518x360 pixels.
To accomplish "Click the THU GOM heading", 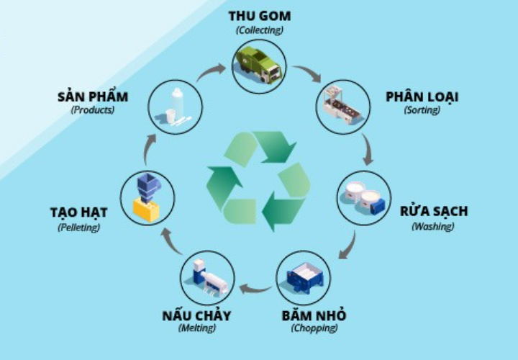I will (259, 16).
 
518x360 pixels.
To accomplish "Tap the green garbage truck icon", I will (259, 63).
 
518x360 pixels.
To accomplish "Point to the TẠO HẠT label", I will (78, 212).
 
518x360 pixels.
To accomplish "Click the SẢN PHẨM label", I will (92, 96).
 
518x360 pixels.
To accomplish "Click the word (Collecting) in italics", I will (259, 30).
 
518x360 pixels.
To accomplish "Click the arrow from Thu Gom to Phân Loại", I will (307, 73).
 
